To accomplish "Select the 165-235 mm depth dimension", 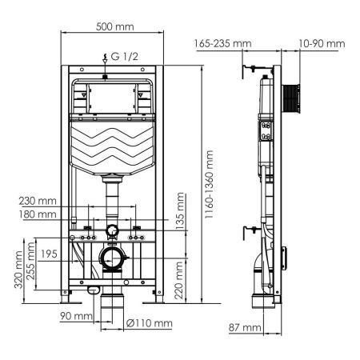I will [x=219, y=43].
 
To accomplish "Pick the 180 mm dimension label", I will [x=40, y=214].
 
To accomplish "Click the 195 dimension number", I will [x=49, y=254].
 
